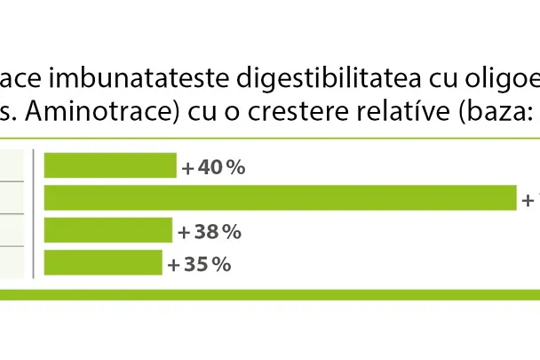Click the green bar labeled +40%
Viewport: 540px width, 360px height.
[110, 166]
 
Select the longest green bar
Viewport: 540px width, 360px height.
[280, 198]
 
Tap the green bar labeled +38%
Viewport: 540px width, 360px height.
[107, 230]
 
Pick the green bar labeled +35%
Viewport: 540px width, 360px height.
[103, 263]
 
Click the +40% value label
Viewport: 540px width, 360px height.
[213, 167]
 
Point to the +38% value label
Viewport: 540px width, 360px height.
[210, 232]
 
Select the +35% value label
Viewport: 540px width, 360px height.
[200, 264]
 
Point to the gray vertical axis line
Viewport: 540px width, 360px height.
[33, 214]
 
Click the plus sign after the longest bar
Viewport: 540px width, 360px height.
[527, 200]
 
